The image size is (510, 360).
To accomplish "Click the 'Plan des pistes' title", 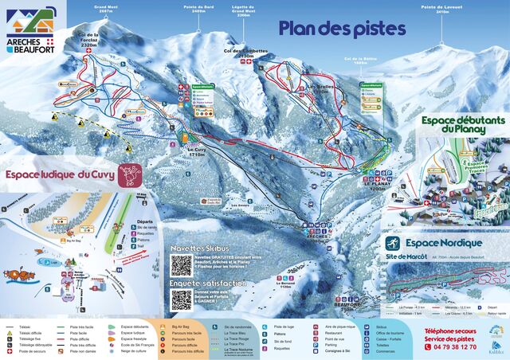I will (342, 28).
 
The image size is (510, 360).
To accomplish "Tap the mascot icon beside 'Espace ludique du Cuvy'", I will (130, 175).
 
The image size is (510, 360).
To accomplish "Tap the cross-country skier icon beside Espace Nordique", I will (392, 243).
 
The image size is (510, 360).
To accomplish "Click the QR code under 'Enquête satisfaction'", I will (182, 300).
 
